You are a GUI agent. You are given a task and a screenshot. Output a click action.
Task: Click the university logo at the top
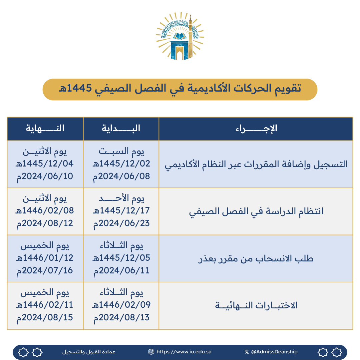[180, 37]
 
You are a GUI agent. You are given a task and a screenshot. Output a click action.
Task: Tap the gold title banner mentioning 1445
[180, 89]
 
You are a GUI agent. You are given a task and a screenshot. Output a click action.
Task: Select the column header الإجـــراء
[256, 129]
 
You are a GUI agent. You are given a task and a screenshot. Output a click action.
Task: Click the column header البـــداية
[121, 129]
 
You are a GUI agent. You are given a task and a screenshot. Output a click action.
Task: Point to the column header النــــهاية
[45, 129]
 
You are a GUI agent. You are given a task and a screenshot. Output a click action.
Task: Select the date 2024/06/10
[45, 176]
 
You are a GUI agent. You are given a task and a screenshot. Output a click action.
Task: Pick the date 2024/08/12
[45, 223]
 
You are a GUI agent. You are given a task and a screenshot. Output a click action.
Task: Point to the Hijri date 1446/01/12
[45, 258]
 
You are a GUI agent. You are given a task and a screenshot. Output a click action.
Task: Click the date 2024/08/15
[45, 317]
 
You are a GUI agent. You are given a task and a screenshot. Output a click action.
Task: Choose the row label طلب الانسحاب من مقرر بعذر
[256, 258]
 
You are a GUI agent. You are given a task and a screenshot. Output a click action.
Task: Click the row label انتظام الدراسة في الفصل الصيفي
[256, 211]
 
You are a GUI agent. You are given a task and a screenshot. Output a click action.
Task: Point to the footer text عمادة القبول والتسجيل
[89, 352]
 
